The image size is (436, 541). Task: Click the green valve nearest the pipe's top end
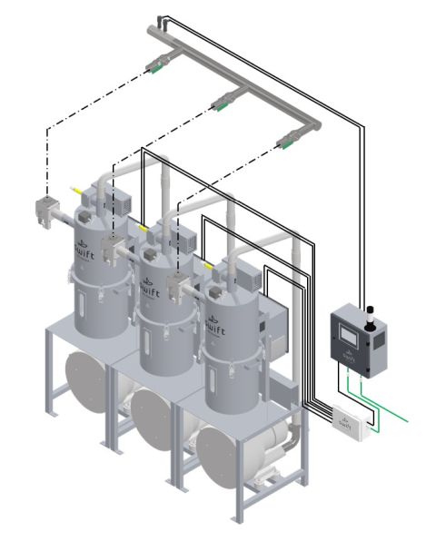pos(155,64)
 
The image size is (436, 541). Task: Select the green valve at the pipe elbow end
pos(290,139)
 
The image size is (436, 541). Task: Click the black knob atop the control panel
pos(370,313)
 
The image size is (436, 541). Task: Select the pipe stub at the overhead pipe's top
pos(163,18)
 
